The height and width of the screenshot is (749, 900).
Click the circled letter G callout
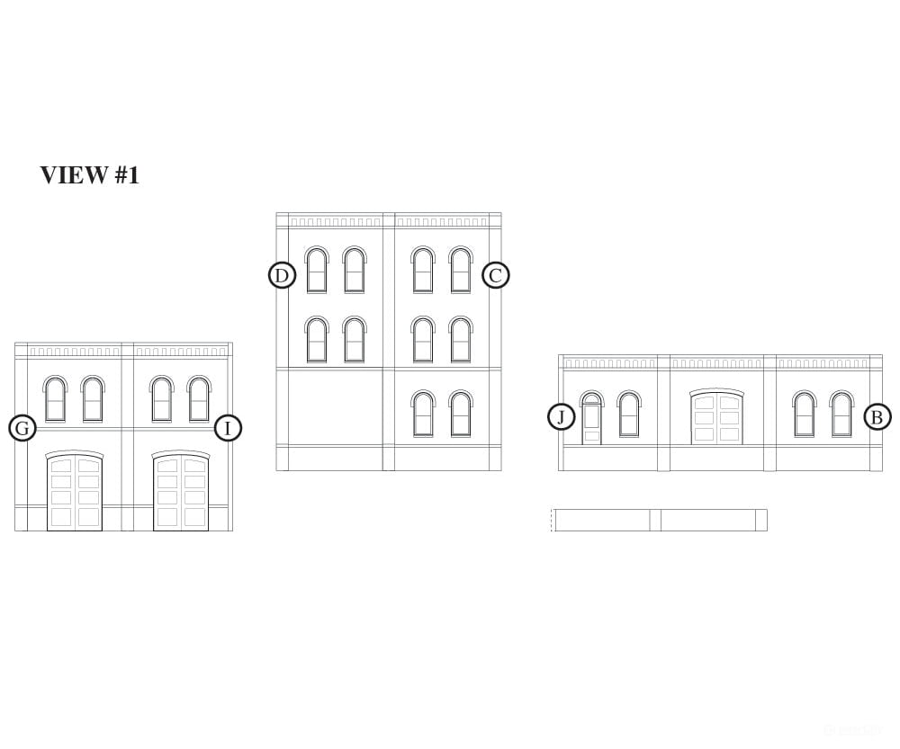point(22,428)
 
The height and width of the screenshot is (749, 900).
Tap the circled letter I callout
point(228,428)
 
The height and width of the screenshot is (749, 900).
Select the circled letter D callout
point(282,275)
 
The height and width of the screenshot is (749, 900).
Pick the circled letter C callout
point(495,275)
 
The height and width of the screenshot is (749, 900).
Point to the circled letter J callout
point(562,416)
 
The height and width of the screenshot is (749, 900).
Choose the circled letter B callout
point(877,417)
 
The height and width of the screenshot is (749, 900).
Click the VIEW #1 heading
point(89,175)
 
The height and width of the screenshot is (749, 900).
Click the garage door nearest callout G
point(75,490)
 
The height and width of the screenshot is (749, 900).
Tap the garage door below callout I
point(181,490)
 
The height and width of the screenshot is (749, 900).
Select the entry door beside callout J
point(592,417)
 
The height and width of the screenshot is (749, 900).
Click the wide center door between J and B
point(717,416)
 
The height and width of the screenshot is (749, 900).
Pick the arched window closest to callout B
point(841,415)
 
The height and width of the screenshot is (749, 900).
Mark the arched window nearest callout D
point(317,270)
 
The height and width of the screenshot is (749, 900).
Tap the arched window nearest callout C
point(460,270)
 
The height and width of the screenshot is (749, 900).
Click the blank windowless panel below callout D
point(336,406)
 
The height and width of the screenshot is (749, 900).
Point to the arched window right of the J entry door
point(629,415)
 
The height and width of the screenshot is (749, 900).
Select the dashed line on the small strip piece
point(552,521)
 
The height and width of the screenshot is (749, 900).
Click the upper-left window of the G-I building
point(55,399)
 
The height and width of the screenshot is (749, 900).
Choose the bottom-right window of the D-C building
point(460,414)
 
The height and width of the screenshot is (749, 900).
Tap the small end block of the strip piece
point(761,521)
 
